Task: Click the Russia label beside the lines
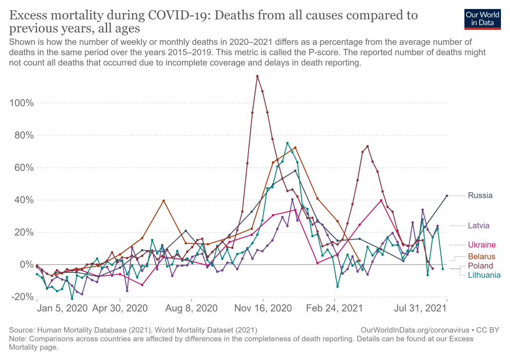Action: pos(480,196)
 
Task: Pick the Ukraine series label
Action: pos(481,245)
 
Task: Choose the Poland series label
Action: pos(480,266)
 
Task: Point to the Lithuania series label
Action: pos(484,275)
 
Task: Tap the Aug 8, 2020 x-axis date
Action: pos(192,308)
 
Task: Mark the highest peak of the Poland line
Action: pos(257,76)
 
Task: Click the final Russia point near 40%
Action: pos(447,196)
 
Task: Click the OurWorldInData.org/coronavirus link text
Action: pos(413,330)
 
